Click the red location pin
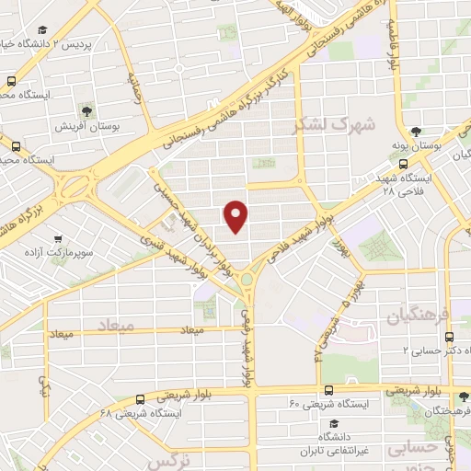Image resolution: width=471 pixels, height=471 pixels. (x=237, y=216)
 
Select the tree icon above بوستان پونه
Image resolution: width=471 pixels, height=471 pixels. (x=418, y=132)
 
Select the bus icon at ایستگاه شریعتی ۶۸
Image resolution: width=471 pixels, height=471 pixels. (x=139, y=399)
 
